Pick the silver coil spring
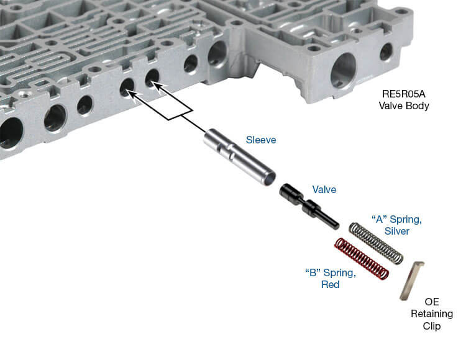377,242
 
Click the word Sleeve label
261,140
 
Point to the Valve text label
324,189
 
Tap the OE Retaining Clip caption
432,314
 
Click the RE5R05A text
404,95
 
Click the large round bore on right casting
344,70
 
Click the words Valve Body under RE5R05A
404,106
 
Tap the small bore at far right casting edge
386,52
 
